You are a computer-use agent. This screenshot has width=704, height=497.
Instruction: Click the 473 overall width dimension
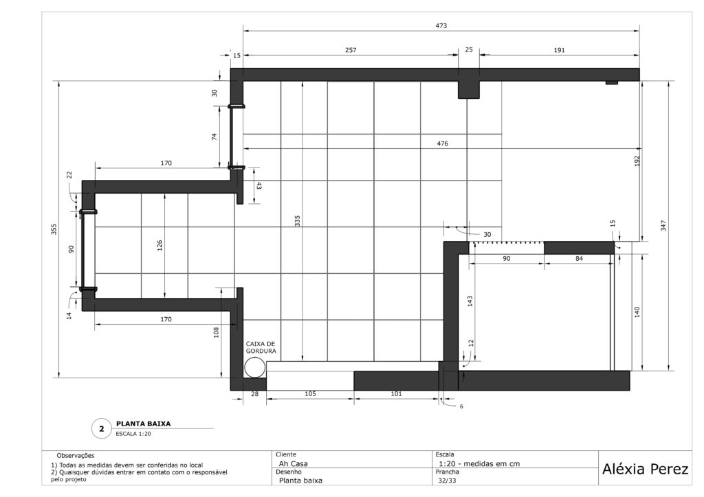click(x=441, y=26)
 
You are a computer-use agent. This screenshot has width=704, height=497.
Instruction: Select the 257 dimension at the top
click(x=351, y=50)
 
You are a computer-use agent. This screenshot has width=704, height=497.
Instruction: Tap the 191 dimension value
click(x=559, y=50)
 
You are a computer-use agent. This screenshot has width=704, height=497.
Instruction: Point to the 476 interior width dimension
click(x=442, y=144)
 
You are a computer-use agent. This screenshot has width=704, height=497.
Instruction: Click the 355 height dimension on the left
click(x=54, y=229)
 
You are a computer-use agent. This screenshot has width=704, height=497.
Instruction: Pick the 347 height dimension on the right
click(x=663, y=225)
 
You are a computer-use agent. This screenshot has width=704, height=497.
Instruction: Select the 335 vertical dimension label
click(x=297, y=220)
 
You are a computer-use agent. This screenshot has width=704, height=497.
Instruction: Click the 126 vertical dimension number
click(x=159, y=246)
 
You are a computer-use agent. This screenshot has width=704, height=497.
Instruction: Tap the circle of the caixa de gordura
click(x=255, y=368)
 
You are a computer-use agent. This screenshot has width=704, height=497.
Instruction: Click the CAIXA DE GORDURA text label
click(x=261, y=347)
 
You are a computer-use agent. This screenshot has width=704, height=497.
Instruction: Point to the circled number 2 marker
click(x=102, y=429)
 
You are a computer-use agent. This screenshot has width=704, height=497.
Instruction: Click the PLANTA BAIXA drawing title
click(x=143, y=424)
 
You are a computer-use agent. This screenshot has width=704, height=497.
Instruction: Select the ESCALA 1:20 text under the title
click(x=133, y=434)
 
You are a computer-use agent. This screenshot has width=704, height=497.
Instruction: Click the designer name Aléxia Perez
click(x=645, y=470)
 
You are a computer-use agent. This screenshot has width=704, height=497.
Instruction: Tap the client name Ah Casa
click(x=293, y=464)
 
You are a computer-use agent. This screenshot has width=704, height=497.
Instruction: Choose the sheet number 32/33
click(x=447, y=481)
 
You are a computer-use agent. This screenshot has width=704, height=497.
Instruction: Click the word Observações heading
click(x=76, y=456)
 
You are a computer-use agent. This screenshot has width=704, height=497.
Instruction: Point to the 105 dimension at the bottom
click(x=310, y=394)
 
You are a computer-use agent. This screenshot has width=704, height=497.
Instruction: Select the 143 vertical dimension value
click(x=470, y=301)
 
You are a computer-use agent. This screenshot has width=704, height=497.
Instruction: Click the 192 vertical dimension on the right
click(x=637, y=161)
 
